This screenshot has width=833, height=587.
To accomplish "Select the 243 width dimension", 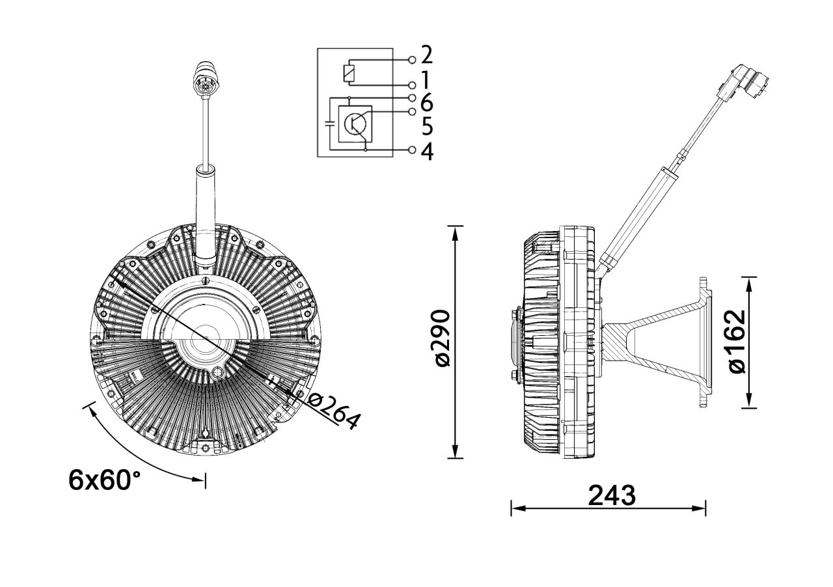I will pos(611,496).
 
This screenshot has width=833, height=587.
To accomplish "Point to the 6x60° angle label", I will pos(105,480).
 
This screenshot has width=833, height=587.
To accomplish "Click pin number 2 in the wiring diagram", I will pos(427,55).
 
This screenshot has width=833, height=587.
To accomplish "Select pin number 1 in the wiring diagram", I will pos(426,79).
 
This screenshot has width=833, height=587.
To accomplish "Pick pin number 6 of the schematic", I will pos(427,102).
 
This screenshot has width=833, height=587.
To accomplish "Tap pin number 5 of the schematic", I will pos(427,125).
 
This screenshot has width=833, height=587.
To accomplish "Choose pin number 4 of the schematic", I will pos(427,151).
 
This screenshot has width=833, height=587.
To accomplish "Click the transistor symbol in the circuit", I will pos(355,123).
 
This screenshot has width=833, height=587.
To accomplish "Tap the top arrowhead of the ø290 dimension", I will pos(456,232).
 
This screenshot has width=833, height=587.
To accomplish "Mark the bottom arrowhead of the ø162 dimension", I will pos(749,403).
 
